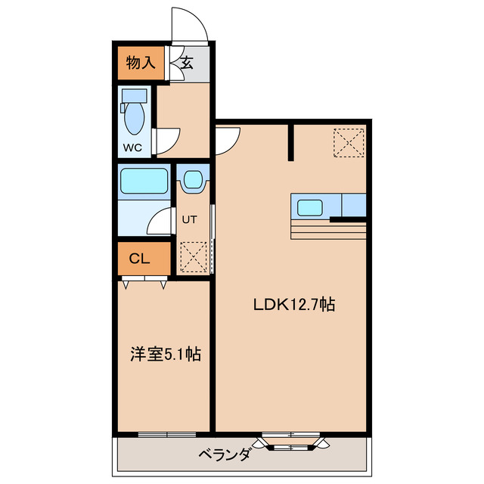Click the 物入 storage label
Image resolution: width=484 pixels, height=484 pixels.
(141, 63)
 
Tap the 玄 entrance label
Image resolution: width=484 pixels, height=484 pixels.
(186, 63)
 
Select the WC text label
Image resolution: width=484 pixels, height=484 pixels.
(132, 147)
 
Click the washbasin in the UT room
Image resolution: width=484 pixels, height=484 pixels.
(193, 181)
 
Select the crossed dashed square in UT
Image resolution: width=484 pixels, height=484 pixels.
(193, 256)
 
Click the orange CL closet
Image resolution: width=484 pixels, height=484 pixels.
(139, 259)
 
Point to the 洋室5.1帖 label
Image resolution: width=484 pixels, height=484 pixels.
(163, 353)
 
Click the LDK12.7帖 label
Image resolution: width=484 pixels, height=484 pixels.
(293, 305)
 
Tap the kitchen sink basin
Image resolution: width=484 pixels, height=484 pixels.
(310, 206)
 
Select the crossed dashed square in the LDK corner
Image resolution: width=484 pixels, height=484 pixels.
(349, 143)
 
